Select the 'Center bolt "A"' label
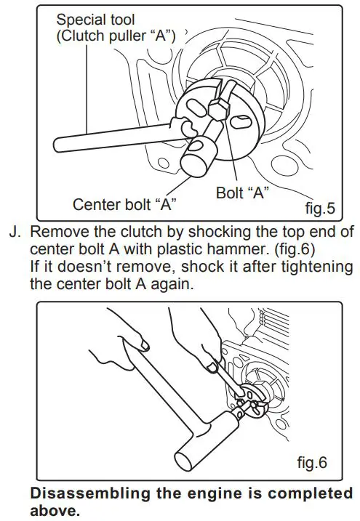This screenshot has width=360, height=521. click(x=125, y=205)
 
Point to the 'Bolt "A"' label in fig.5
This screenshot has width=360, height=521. click(x=243, y=193)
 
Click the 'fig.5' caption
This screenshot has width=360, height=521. click(x=319, y=210)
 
